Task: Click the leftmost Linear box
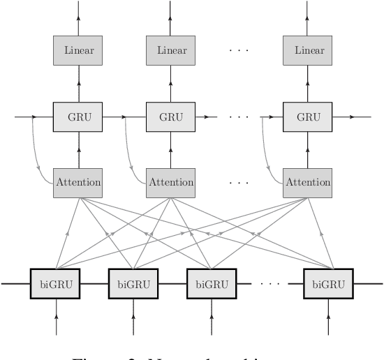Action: (x=78, y=50)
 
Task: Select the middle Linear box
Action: (x=171, y=50)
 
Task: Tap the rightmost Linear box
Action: (x=309, y=50)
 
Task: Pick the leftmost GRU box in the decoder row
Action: (x=78, y=117)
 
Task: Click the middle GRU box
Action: (x=171, y=117)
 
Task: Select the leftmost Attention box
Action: (x=78, y=182)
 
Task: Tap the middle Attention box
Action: (x=171, y=182)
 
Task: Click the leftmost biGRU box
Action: (x=56, y=284)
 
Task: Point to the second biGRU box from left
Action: (x=133, y=284)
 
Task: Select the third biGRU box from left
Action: (x=212, y=284)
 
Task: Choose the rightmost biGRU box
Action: (x=329, y=284)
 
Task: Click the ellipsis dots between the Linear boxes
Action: (x=239, y=51)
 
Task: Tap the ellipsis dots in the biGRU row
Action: (x=269, y=284)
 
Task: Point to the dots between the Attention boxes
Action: (x=239, y=183)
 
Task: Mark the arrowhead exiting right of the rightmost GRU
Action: (x=352, y=117)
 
